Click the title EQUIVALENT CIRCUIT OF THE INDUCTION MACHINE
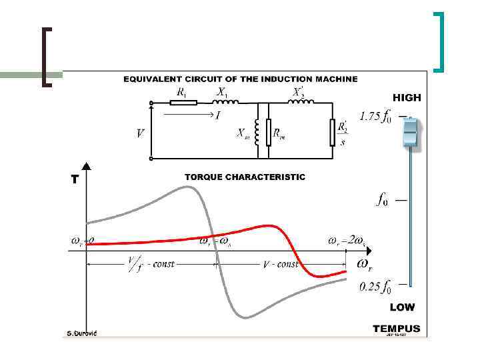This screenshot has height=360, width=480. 241,79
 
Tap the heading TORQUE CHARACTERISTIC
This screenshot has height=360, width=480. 245,177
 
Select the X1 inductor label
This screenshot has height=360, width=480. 222,92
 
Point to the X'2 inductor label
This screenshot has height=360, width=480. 301,91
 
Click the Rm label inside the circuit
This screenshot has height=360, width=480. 279,134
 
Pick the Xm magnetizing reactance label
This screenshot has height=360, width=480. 243,133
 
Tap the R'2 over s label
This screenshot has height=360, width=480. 343,134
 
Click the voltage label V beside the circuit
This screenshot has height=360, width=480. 140,133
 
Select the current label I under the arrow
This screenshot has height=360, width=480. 217,115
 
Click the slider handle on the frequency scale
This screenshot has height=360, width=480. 410,134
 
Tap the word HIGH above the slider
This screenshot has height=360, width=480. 407,97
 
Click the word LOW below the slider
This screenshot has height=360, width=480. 402,307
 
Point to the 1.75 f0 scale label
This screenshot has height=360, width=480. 375,117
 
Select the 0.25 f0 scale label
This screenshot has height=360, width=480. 375,287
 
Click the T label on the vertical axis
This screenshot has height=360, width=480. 75,179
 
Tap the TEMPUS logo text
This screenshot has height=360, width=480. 397,328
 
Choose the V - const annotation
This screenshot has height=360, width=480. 281,264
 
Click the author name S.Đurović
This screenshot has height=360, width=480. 82,333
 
